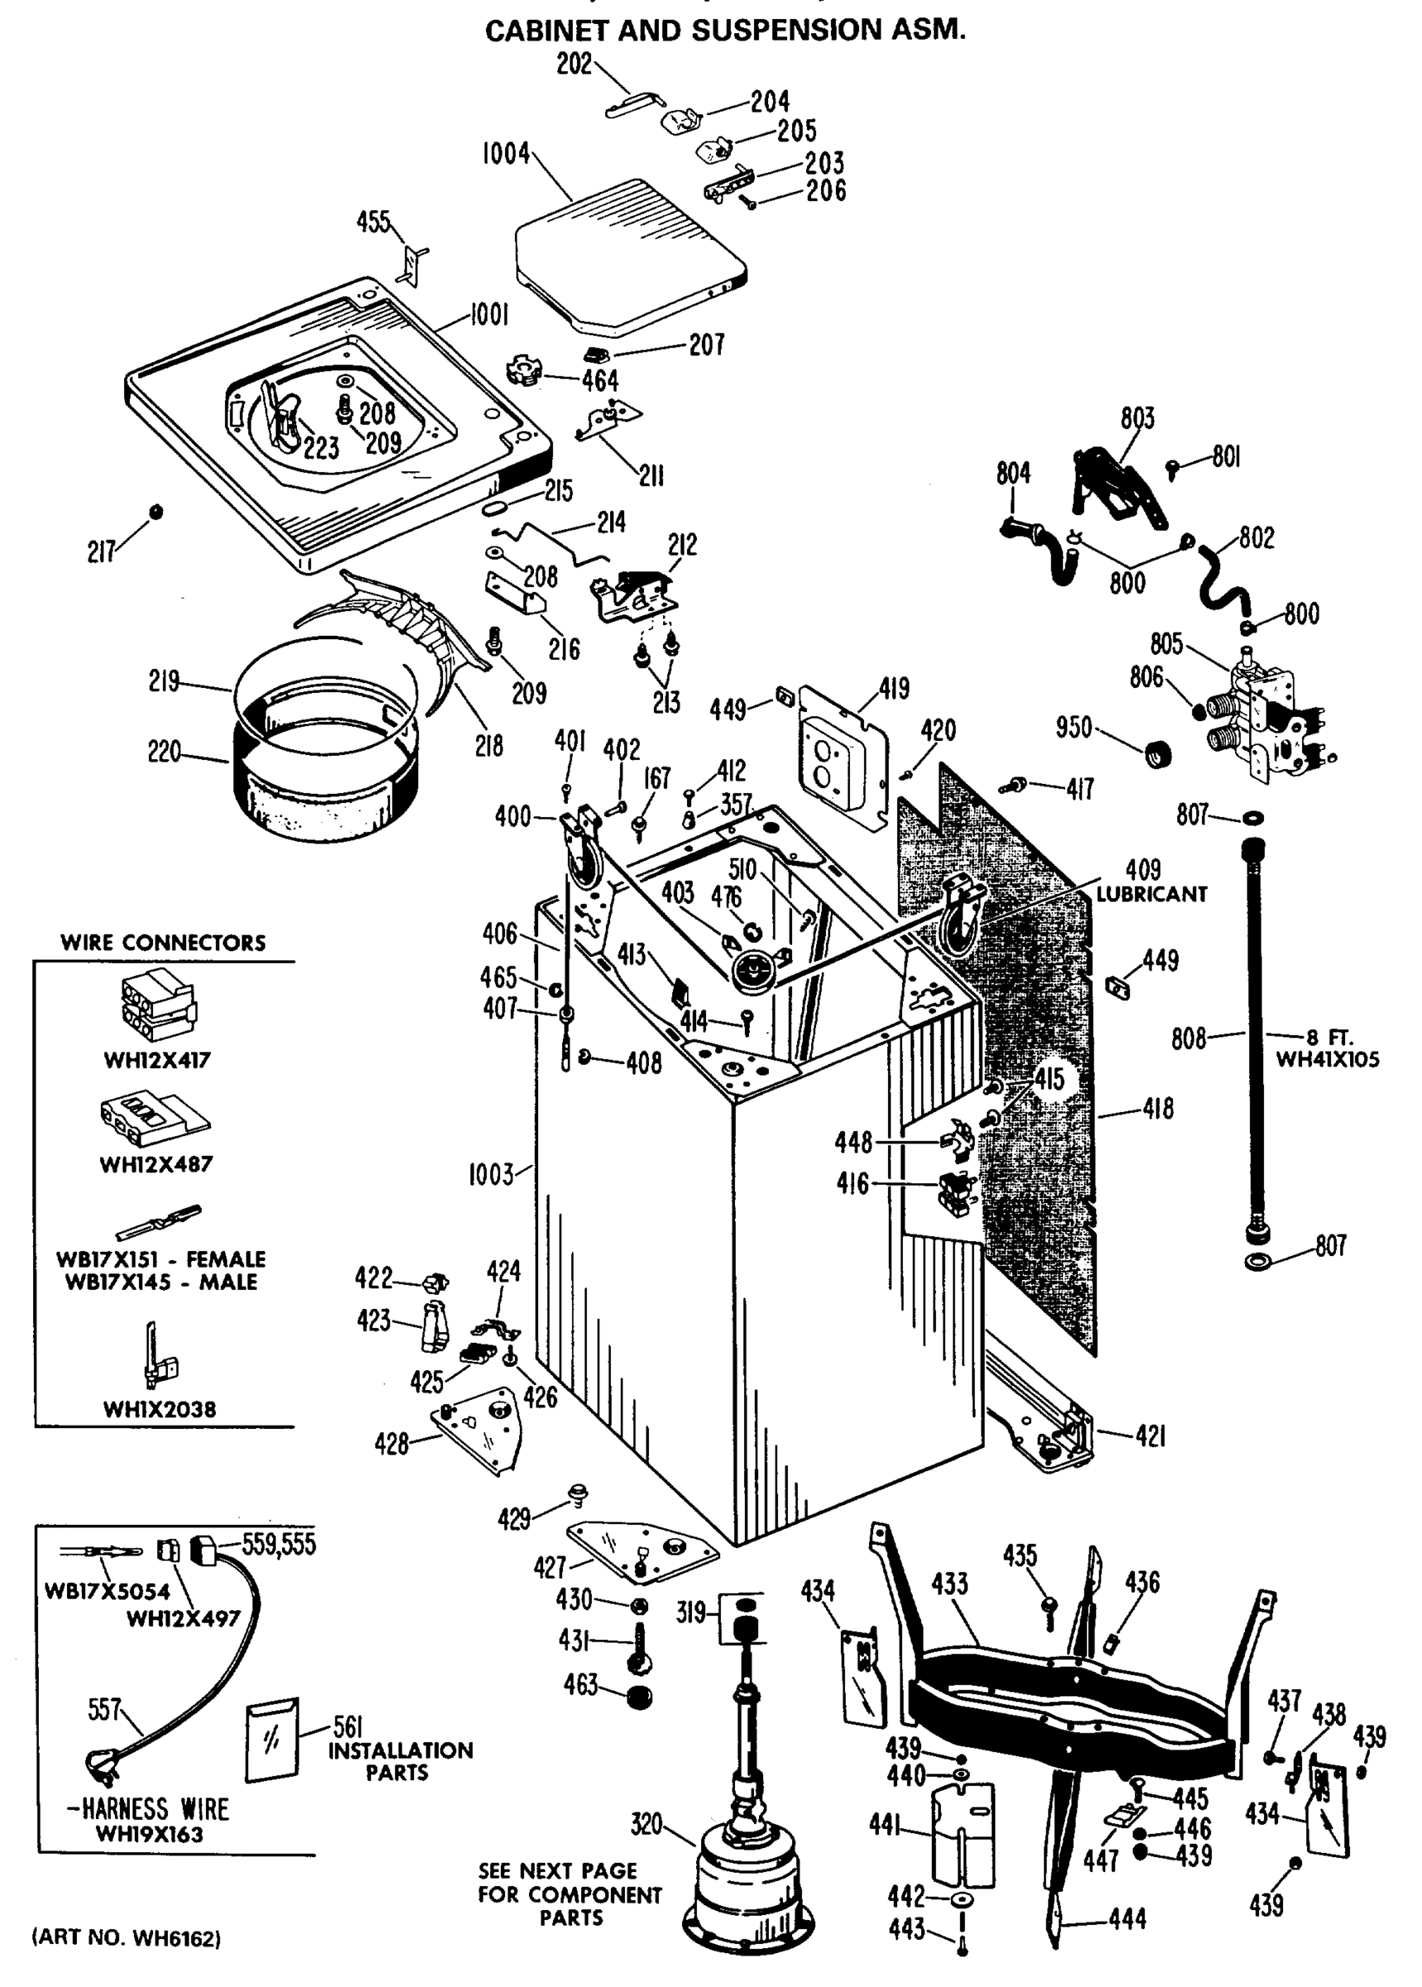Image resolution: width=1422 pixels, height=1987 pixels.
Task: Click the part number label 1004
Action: [506, 154]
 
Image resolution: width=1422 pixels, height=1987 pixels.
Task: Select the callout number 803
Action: [1137, 419]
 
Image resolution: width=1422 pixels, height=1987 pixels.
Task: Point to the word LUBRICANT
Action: [1151, 894]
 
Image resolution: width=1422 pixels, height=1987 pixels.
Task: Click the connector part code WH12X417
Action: [156, 1061]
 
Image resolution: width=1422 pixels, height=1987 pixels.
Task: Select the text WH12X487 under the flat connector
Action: [156, 1165]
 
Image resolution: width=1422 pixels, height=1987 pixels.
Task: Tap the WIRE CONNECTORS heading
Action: [163, 943]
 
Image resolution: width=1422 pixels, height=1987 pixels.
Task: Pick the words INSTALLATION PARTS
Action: [399, 1761]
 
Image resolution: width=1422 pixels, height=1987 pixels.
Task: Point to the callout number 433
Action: [949, 1583]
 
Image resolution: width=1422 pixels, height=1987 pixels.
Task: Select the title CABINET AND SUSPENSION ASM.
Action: [725, 31]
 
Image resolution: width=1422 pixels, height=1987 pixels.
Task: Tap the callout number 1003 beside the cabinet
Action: [490, 1173]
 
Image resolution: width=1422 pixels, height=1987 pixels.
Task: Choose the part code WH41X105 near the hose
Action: [1327, 1060]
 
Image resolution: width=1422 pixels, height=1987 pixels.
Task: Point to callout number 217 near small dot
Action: [101, 551]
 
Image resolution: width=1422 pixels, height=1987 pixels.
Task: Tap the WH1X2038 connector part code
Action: [160, 1409]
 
